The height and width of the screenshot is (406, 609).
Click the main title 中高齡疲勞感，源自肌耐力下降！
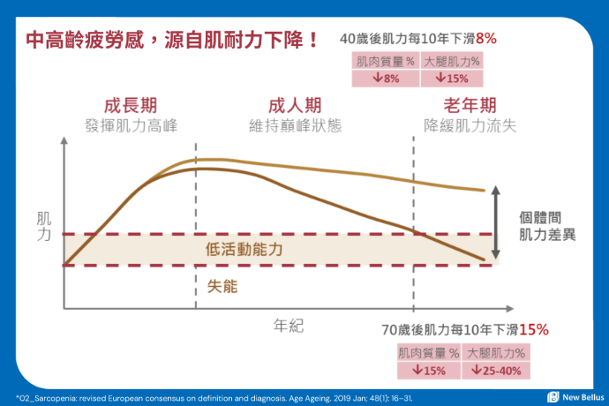pos(172,41)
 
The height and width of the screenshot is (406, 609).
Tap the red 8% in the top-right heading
pos(486,39)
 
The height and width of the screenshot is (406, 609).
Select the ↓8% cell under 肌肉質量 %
pos(386,79)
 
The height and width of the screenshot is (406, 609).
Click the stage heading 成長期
pos(130,105)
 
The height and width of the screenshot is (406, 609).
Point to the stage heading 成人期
pos(294,105)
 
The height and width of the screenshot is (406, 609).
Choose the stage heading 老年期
pos(469,105)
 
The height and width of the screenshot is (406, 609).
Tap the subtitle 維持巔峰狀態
pos(294,125)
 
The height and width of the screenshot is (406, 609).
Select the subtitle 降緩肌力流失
pos(469,125)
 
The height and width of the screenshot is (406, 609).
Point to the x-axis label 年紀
pos(288,326)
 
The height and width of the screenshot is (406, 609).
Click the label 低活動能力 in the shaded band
pos(244,250)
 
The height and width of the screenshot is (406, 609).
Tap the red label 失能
pos(222,286)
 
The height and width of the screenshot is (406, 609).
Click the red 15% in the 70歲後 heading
pos(534,329)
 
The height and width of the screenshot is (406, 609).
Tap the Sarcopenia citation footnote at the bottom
pos(221,397)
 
